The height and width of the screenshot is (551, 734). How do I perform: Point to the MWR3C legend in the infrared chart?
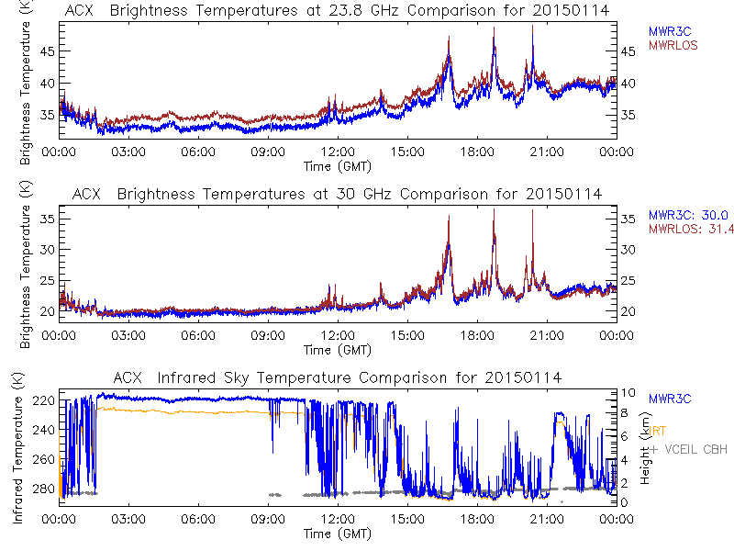[x=669, y=399]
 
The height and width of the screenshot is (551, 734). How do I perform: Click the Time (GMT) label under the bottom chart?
[x=337, y=533]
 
